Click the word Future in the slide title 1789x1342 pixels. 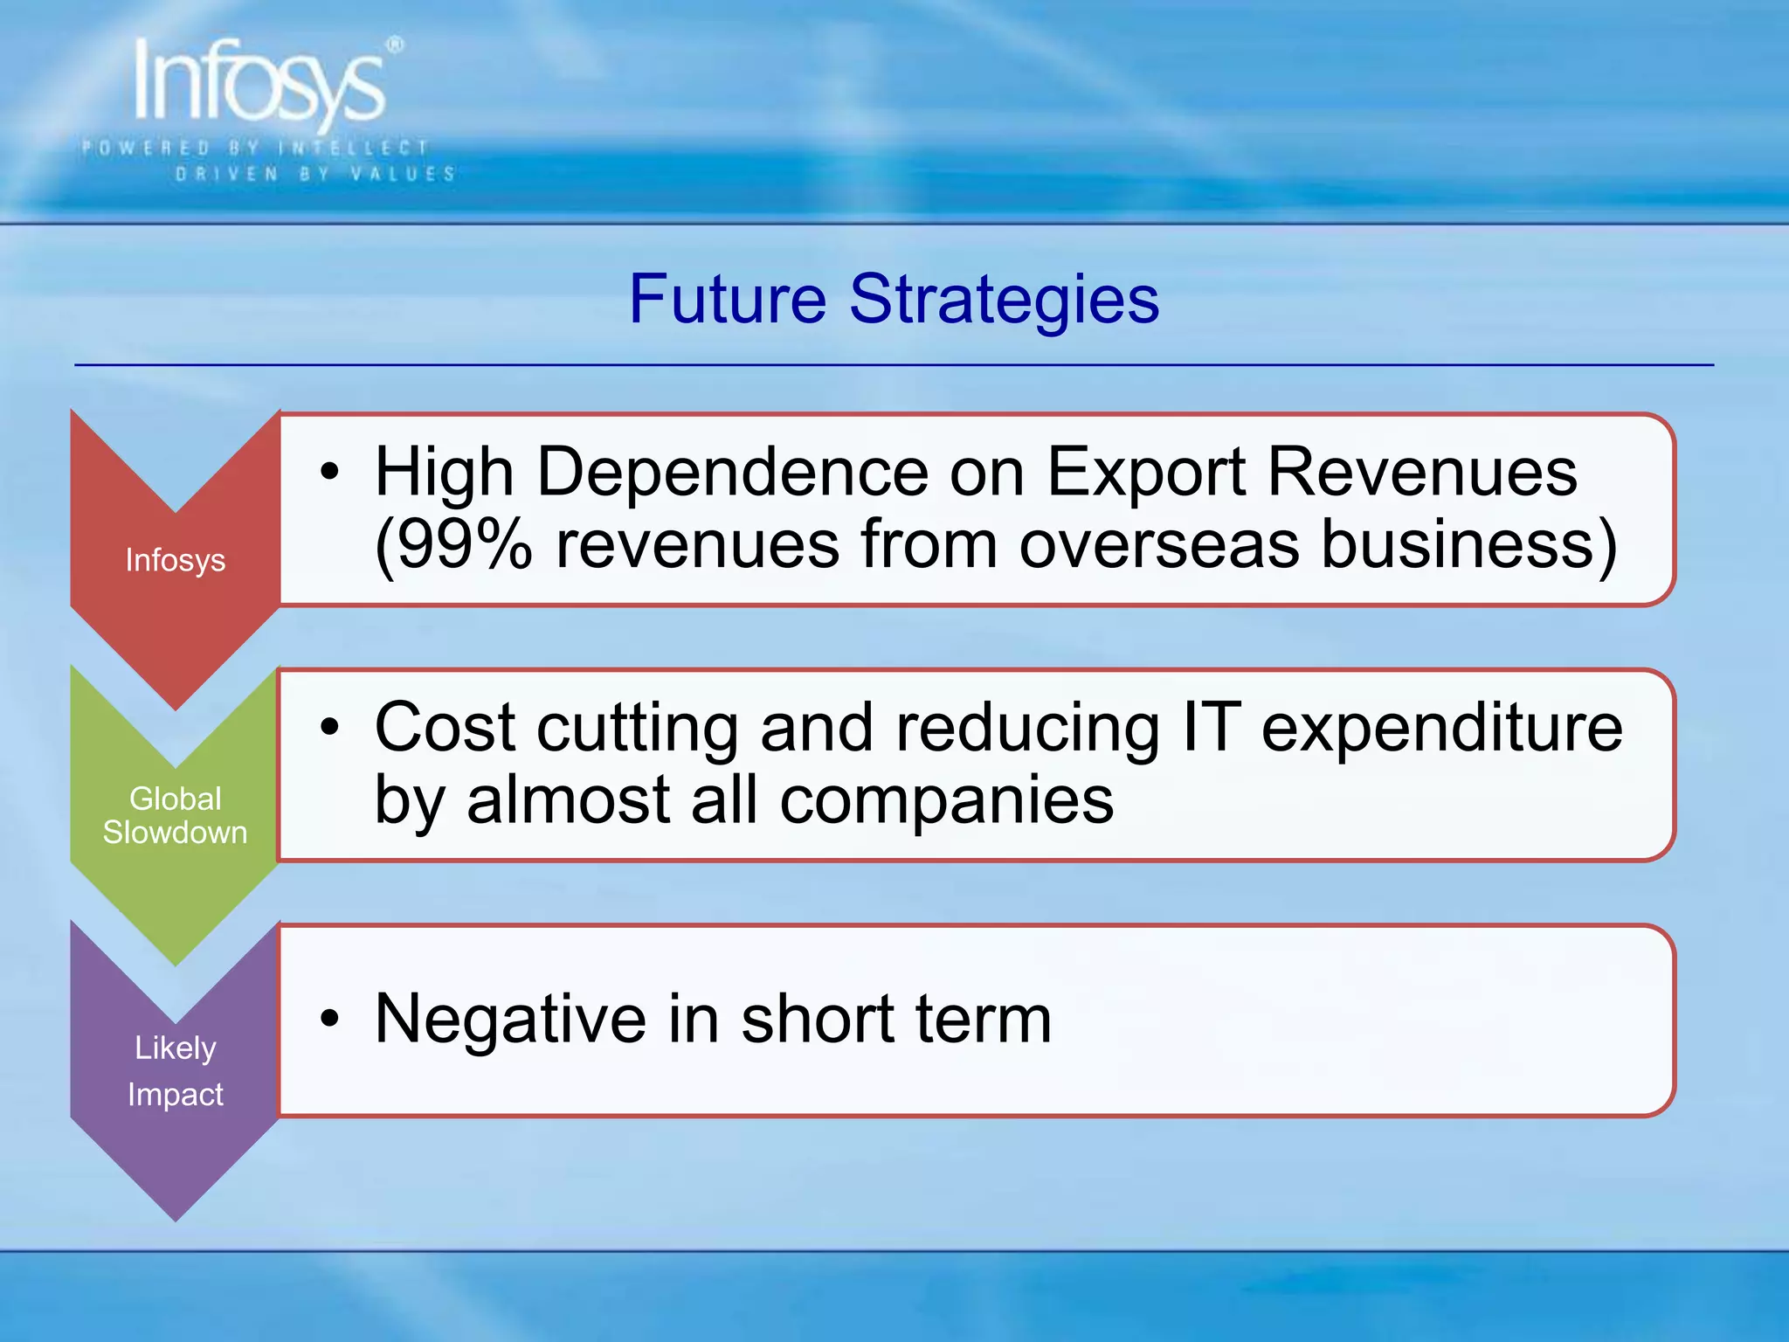pos(727,299)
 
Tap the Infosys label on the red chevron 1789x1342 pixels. pos(176,560)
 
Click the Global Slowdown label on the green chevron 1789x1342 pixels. pos(176,815)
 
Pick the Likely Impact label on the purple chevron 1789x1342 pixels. pos(176,1070)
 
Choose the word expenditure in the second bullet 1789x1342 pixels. pos(1442,729)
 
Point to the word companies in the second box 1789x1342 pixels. pos(947,800)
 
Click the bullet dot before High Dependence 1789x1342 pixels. pos(328,473)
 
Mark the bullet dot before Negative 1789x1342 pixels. pos(328,1018)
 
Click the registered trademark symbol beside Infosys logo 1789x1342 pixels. pos(396,45)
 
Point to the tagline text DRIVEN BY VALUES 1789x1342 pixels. pos(315,174)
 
